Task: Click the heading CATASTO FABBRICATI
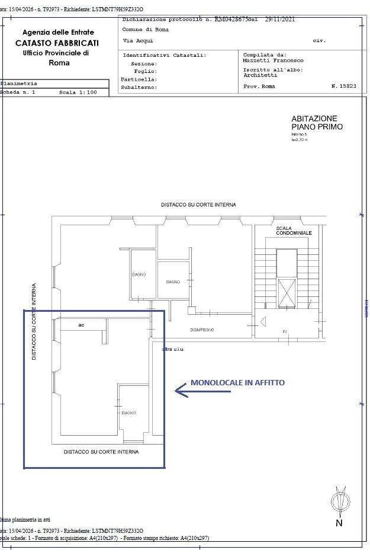(57, 43)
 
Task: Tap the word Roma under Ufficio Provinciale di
(59, 63)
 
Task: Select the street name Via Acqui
(137, 41)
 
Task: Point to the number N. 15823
(343, 87)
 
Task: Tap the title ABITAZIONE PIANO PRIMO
(317, 123)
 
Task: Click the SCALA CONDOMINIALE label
(294, 231)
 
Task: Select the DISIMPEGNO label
(202, 330)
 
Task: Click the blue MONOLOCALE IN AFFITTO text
(237, 383)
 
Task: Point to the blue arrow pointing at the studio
(181, 390)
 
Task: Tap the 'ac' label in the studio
(81, 325)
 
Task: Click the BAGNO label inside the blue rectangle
(128, 413)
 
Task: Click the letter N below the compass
(339, 523)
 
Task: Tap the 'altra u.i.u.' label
(173, 349)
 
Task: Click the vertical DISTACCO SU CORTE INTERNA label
(34, 321)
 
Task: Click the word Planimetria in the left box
(19, 84)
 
